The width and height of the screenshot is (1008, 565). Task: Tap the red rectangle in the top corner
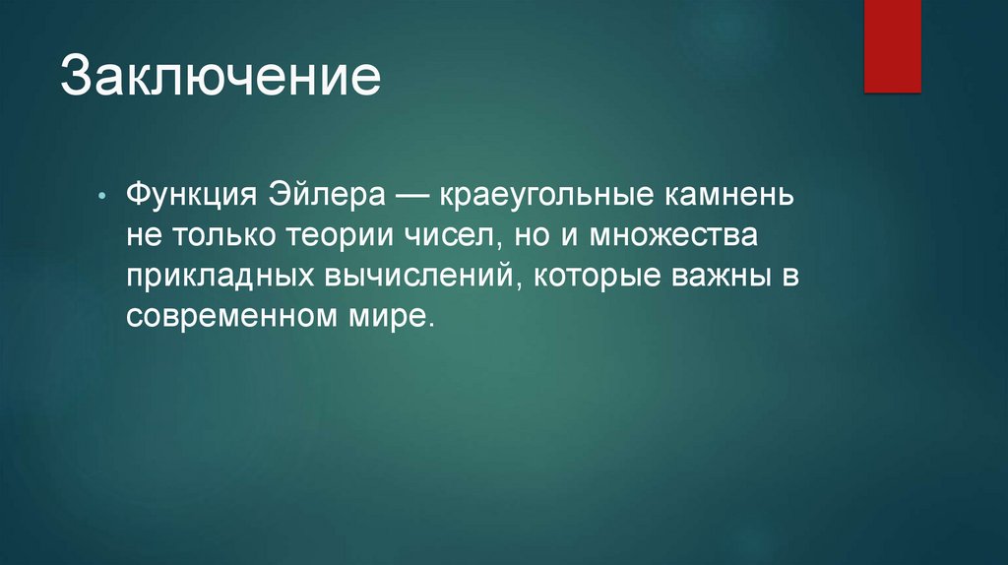892,45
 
